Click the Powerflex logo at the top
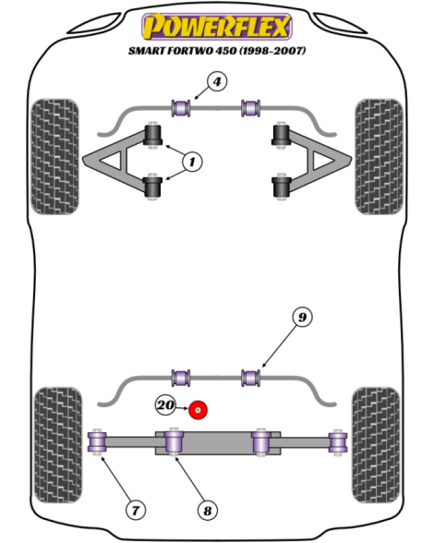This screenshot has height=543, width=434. coord(217,26)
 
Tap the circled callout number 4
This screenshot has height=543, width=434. coord(217,81)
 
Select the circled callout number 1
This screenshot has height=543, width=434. coord(192,162)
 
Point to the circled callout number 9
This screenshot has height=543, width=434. coord(302,318)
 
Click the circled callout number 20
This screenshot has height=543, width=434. coord(165,404)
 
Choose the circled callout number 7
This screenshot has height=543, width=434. coord(135,510)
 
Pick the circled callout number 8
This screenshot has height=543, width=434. coord(207,511)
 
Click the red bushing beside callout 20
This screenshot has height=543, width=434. coord(198,410)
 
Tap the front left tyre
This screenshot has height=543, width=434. coord(54,157)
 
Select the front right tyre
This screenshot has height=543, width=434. coord(379,157)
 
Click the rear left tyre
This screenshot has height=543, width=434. coord(58,445)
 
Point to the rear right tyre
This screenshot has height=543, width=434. coord(376,445)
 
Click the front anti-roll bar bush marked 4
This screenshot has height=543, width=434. coord(181,108)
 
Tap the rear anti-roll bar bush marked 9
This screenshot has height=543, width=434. coord(251,378)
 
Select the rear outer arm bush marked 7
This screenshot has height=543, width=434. coord(97,442)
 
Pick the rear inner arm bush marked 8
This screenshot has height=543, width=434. coord(174,440)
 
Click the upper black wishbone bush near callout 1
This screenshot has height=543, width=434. coord(152,136)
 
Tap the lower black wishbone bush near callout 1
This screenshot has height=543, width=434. coord(152,186)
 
